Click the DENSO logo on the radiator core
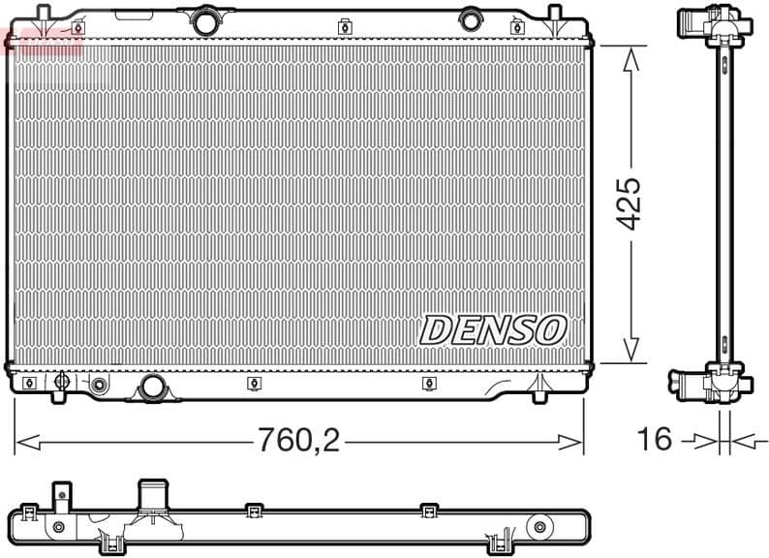click(x=493, y=330)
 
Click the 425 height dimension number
click(x=630, y=203)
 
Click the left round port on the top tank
click(x=203, y=18)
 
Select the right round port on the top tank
click(x=470, y=18)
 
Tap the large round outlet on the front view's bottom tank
click(x=152, y=387)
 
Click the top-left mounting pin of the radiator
click(x=44, y=15)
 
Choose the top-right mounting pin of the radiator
click(x=555, y=15)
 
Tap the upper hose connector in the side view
click(x=699, y=22)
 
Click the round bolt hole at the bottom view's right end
click(x=537, y=527)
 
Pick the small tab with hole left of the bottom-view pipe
click(x=61, y=496)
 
